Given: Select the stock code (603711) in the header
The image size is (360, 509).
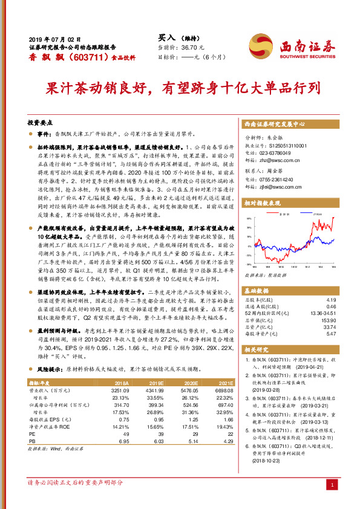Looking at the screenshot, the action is tap(75, 56).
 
